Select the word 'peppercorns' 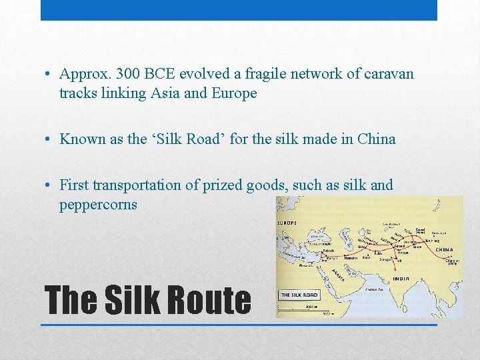click(x=98, y=204)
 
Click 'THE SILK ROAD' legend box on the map click(x=299, y=295)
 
